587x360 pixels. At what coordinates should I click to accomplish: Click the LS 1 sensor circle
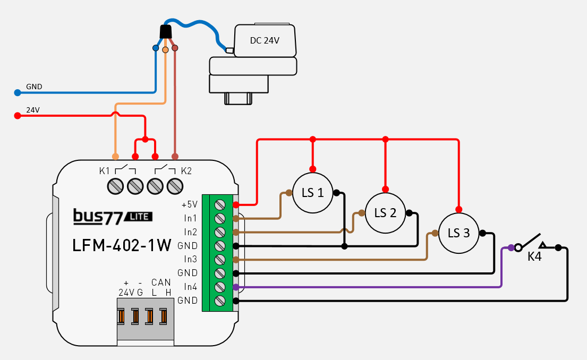click(313, 193)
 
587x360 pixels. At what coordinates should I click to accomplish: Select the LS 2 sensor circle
click(385, 213)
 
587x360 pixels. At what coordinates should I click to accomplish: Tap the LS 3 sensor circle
click(458, 233)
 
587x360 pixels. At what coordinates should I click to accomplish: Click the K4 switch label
click(534, 256)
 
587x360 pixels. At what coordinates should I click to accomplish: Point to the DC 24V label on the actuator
click(265, 40)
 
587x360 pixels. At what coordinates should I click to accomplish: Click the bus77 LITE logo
click(113, 216)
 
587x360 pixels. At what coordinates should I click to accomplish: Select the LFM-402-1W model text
click(122, 245)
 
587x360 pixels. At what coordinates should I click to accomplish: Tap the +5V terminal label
click(189, 204)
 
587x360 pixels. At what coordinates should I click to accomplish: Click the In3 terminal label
click(190, 259)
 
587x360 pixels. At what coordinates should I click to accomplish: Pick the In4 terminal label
click(190, 287)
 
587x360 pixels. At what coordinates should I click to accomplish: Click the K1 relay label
click(104, 171)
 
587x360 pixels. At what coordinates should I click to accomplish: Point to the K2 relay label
click(186, 171)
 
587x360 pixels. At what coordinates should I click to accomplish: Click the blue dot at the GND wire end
click(17, 93)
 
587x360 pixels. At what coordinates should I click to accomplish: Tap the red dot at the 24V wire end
click(17, 116)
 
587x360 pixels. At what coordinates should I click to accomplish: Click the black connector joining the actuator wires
click(165, 32)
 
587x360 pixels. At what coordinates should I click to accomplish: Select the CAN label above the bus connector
click(160, 282)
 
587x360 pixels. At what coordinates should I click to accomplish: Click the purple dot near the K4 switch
click(511, 247)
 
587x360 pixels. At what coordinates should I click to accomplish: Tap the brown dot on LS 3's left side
click(435, 233)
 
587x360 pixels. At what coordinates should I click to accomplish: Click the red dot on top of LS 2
click(386, 188)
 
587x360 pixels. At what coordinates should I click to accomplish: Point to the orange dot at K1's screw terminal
click(115, 157)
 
